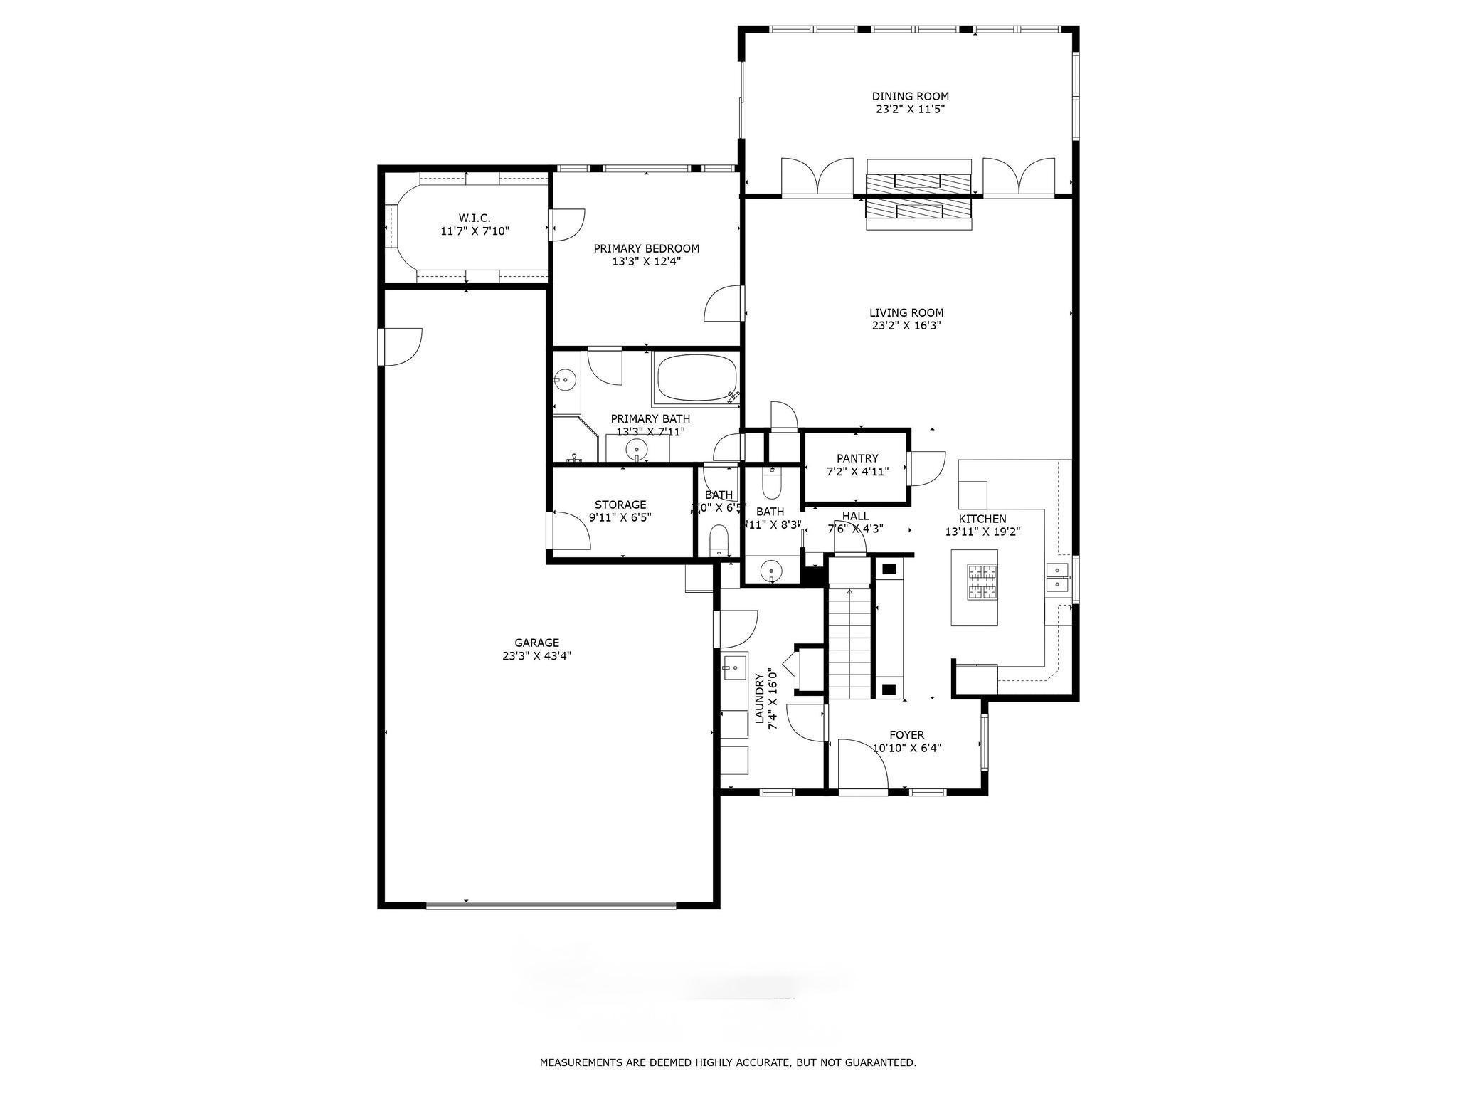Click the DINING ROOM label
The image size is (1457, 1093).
910,96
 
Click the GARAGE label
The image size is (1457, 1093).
536,643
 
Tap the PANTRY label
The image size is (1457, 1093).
857,458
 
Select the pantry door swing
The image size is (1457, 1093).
926,469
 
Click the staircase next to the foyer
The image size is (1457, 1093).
849,640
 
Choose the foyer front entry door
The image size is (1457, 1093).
862,766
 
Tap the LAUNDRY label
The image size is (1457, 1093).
759,699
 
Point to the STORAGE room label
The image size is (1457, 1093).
620,505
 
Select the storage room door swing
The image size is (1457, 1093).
571,530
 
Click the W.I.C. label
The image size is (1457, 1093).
474,218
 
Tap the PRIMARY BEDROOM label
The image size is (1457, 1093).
646,248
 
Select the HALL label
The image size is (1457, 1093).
855,516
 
